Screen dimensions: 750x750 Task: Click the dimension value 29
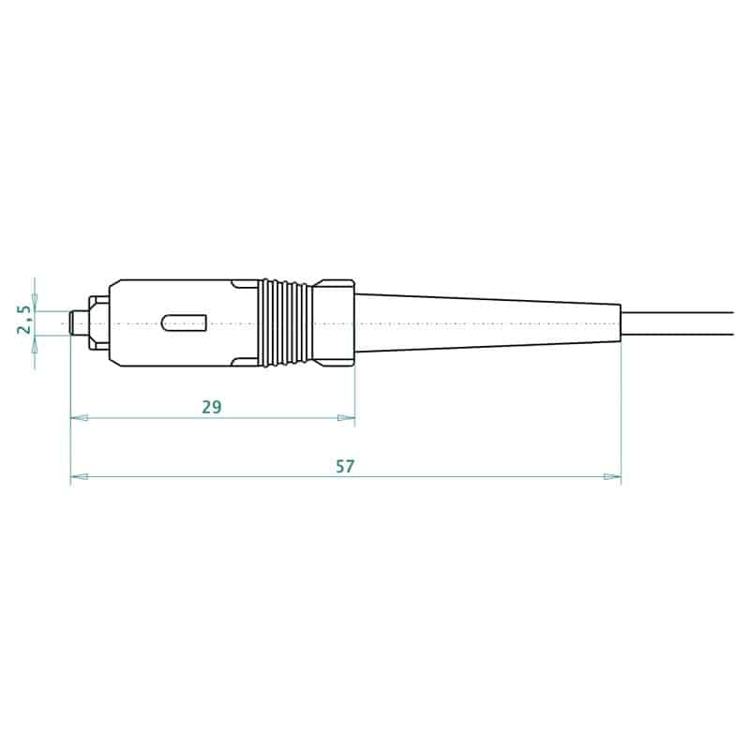coord(211,407)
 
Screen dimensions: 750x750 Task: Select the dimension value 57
coord(345,466)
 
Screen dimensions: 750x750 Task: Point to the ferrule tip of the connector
coord(75,323)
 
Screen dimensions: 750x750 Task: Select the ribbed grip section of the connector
coord(287,322)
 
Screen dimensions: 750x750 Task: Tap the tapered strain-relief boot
coord(487,323)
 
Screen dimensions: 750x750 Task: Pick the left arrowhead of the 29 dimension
coord(79,418)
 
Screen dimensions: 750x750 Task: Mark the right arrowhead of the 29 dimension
coord(348,418)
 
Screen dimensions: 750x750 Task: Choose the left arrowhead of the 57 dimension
coord(79,477)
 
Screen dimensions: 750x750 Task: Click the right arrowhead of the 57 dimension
coord(613,477)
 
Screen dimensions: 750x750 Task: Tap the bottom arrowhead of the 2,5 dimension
coord(35,342)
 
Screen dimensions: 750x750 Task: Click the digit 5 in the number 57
coord(339,466)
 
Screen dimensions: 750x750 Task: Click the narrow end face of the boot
coord(621,323)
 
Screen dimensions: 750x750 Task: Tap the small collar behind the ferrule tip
coord(98,323)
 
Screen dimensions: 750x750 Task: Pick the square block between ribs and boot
coord(333,322)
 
